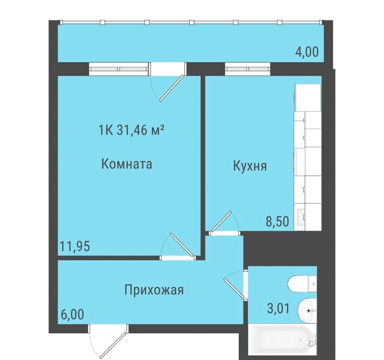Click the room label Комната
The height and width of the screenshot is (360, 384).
[127, 164]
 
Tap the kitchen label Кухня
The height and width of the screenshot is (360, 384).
[250, 166]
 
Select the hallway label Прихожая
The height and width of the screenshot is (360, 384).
[154, 290]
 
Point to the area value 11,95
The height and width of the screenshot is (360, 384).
[75, 246]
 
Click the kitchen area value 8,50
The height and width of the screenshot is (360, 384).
[278, 221]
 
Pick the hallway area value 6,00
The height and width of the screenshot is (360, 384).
[72, 314]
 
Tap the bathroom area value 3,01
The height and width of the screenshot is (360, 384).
[278, 308]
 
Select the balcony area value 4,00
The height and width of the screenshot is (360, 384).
[307, 52]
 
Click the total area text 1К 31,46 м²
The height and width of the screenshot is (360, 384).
[131, 130]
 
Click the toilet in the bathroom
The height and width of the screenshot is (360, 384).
[302, 284]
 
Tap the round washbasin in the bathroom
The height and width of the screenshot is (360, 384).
[307, 310]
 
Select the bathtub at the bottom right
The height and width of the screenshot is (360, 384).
[283, 339]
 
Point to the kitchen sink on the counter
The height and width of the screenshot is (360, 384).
[301, 217]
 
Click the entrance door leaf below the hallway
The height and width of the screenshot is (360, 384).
[113, 345]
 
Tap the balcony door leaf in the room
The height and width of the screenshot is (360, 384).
[172, 88]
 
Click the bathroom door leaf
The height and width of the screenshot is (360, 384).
[234, 288]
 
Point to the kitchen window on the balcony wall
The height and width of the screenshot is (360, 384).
[248, 69]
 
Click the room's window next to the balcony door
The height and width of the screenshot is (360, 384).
[119, 69]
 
